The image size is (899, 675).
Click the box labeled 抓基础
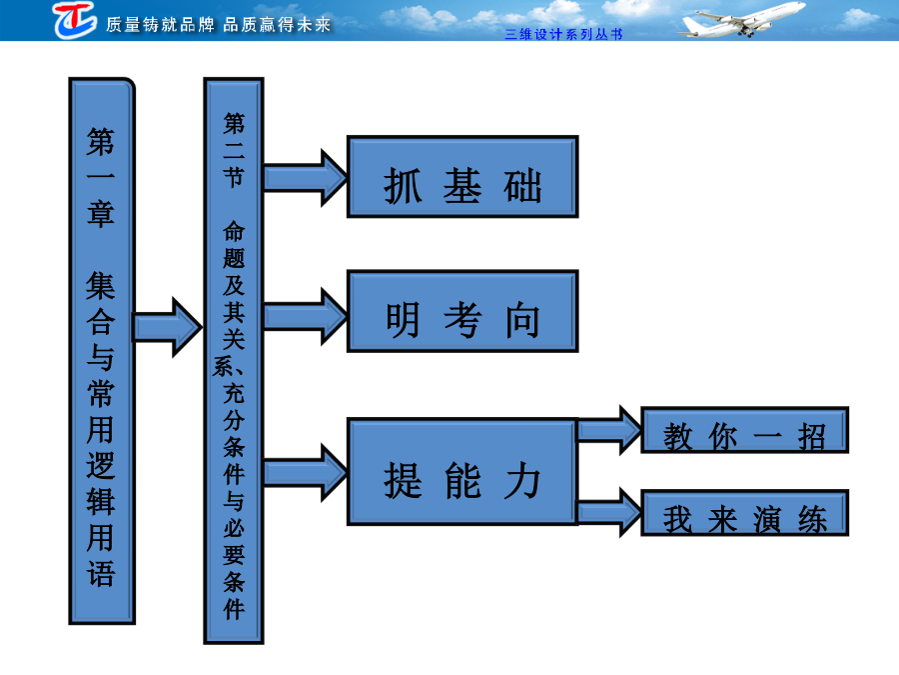462,177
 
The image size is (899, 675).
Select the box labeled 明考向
462,311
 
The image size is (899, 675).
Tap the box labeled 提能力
462,471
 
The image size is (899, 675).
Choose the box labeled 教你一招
744,430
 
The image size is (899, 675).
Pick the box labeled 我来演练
744,513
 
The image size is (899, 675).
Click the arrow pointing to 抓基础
305,178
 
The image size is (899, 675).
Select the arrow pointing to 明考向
305,316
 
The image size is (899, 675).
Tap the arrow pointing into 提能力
305,472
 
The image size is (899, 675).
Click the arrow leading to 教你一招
609,430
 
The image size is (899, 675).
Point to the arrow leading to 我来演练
609,512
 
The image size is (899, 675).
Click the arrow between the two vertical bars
168,327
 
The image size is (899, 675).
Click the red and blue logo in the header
75,20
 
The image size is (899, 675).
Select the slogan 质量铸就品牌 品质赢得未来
219,25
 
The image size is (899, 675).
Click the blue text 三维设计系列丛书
563,34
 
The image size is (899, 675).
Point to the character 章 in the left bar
101,214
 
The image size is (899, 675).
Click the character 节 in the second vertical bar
234,177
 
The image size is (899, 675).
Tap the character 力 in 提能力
522,480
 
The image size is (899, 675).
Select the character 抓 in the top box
404,186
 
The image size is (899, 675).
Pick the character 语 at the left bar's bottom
101,572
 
